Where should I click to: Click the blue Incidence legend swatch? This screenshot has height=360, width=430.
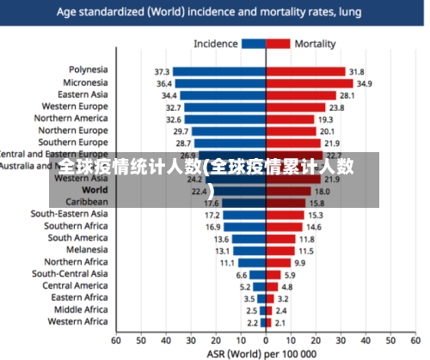pos(253,44)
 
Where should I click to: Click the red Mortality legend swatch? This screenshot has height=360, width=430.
pos(278,44)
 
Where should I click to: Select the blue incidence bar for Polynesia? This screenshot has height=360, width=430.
pos(218,71)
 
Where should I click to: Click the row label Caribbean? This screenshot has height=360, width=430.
pos(87,202)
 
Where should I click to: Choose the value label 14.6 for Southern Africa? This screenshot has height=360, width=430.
pos(315,227)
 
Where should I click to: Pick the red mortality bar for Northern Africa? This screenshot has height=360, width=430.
pos(278,262)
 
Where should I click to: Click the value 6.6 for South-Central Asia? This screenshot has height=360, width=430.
pos(242,274)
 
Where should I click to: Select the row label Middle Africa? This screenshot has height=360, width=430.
pos(81,309)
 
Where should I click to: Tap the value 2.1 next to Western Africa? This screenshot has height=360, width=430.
pos(279,322)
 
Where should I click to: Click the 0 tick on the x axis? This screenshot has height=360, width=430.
pos(266,340)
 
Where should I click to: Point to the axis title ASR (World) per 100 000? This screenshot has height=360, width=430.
pos(261,353)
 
